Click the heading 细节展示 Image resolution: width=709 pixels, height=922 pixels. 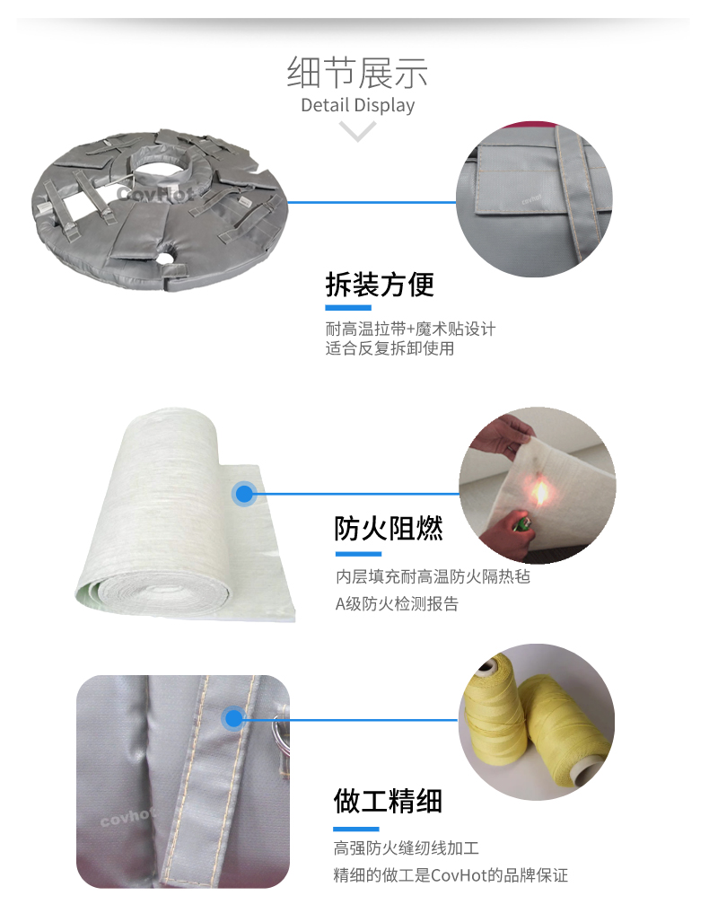click(x=357, y=72)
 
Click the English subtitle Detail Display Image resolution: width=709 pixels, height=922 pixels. click(x=357, y=105)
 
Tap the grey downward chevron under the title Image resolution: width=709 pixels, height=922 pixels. click(x=357, y=130)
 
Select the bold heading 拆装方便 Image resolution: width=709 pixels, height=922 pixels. click(x=380, y=285)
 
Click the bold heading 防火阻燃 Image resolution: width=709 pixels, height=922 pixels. click(x=388, y=528)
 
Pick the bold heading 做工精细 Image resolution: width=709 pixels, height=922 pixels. click(x=388, y=801)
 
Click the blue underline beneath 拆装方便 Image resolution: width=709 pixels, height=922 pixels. click(x=348, y=308)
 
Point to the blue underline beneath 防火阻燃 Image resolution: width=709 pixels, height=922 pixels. click(x=358, y=554)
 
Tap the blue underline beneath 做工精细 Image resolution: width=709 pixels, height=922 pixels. click(x=355, y=830)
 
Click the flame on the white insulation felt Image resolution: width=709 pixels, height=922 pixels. click(x=539, y=492)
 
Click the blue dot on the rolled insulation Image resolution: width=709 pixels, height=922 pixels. click(x=244, y=494)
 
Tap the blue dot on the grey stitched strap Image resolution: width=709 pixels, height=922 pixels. click(x=233, y=718)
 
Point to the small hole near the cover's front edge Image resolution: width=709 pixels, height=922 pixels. click(x=169, y=256)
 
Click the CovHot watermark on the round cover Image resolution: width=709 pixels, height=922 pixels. click(x=155, y=193)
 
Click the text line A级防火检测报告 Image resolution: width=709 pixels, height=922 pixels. click(x=397, y=604)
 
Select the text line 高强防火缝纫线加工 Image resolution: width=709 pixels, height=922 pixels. click(x=406, y=847)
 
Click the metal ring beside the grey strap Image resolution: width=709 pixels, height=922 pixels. click(x=280, y=731)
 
